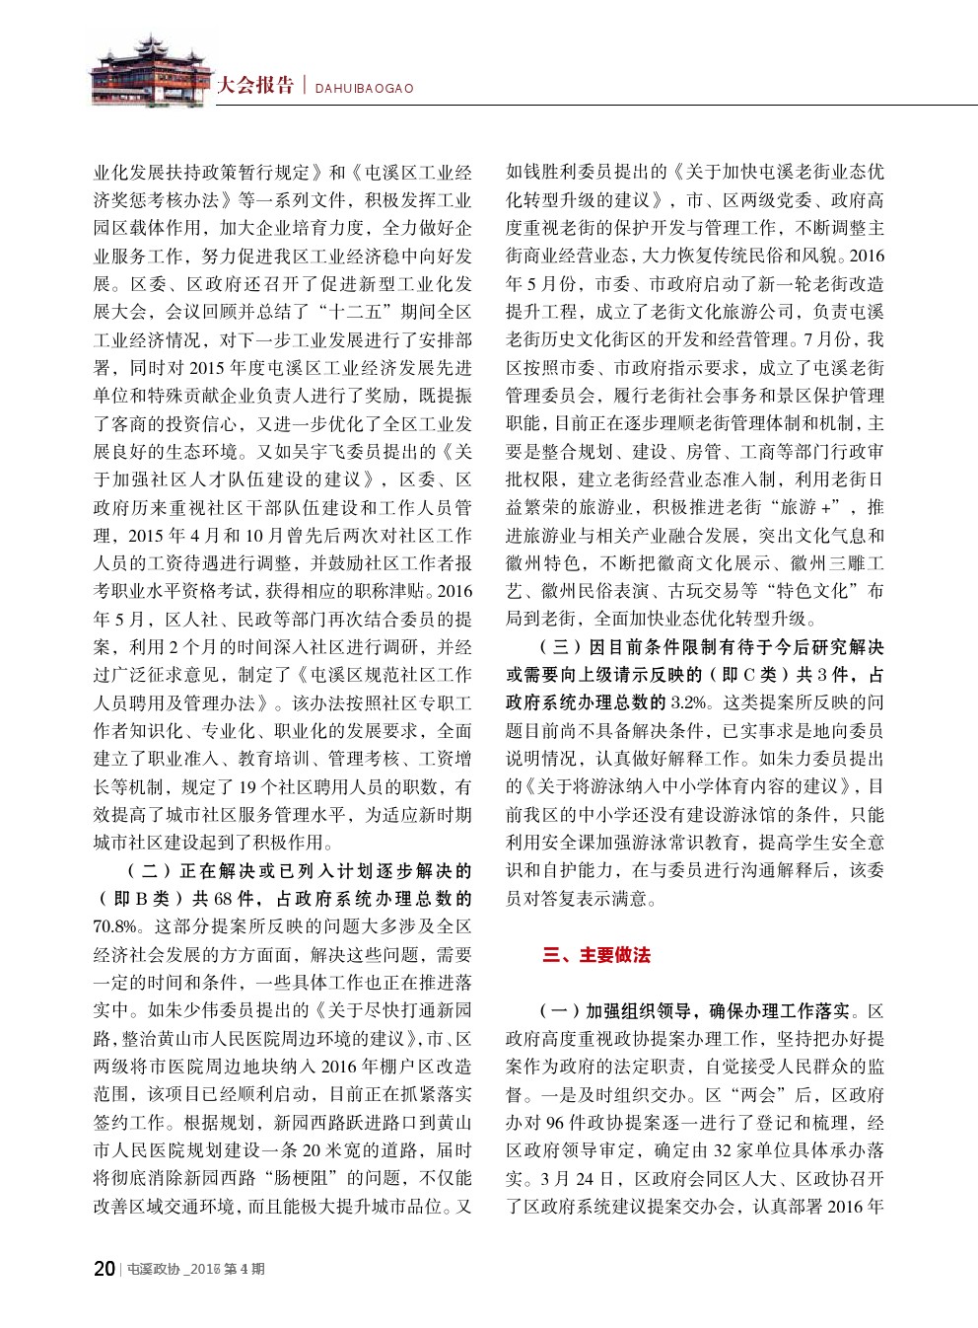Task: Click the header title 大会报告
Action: coord(255,85)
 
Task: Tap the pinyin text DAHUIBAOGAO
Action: coord(364,88)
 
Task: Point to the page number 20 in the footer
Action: coord(104,1269)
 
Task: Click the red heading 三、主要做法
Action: coord(596,955)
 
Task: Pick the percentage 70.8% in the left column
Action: coord(114,926)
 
